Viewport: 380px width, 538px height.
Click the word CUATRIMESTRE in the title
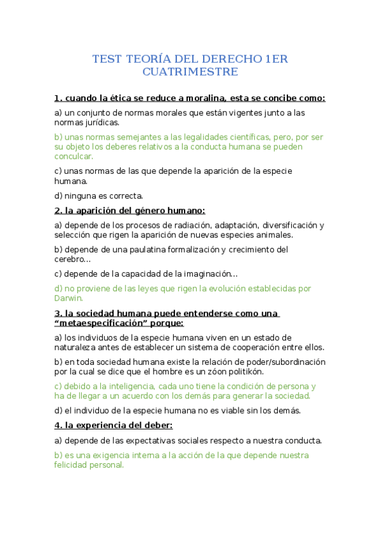coord(190,72)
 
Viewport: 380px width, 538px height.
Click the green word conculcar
coord(73,156)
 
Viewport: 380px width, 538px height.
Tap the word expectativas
coord(152,440)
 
